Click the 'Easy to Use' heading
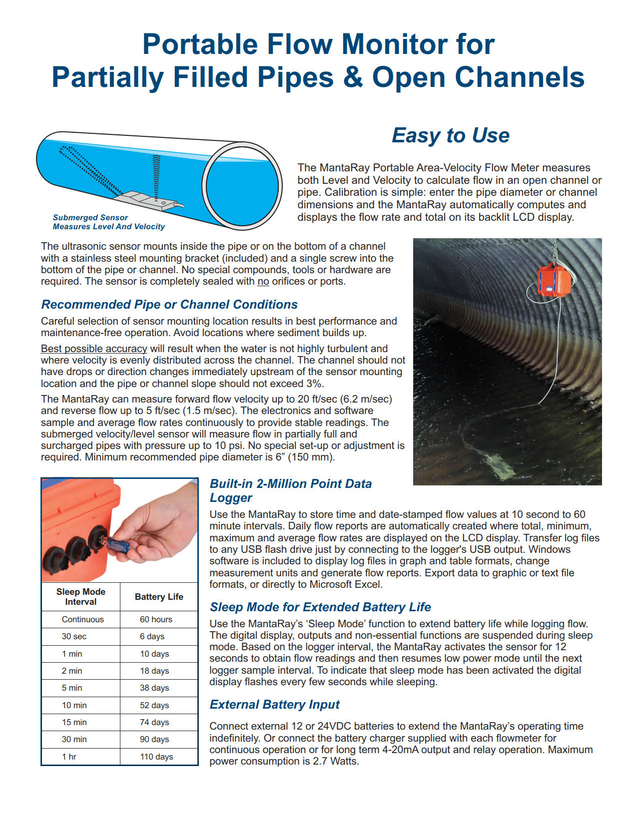click(x=450, y=135)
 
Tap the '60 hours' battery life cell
click(x=156, y=619)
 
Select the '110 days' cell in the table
click(x=156, y=757)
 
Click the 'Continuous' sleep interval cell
click(x=82, y=619)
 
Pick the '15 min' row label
click(x=74, y=722)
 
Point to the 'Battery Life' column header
click(x=159, y=597)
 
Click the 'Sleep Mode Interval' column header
click(x=81, y=597)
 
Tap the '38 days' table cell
click(x=154, y=688)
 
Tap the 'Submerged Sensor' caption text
click(x=90, y=218)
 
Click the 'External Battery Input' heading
click(x=274, y=705)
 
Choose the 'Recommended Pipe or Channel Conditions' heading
click(x=169, y=305)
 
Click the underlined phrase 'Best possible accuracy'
click(x=94, y=349)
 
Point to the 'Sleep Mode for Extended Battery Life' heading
click(x=320, y=607)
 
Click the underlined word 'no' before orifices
click(x=263, y=282)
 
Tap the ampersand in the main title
click(x=353, y=78)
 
